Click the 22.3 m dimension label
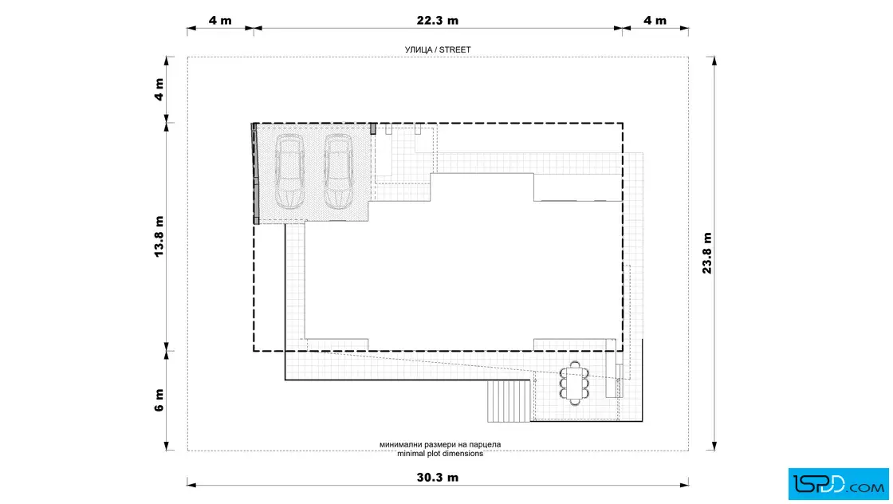pyautogui.click(x=438, y=21)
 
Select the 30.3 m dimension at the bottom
pyautogui.click(x=438, y=477)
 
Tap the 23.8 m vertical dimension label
pyautogui.click(x=706, y=254)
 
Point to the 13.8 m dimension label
pyautogui.click(x=159, y=236)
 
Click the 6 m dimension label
pyautogui.click(x=159, y=400)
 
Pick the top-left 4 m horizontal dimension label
pyautogui.click(x=220, y=21)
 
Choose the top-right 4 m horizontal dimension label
pyautogui.click(x=655, y=21)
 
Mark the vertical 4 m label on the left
pyautogui.click(x=159, y=89)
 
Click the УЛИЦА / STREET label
pyautogui.click(x=438, y=49)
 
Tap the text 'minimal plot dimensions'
pyautogui.click(x=440, y=453)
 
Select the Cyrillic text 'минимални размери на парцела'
pyautogui.click(x=440, y=444)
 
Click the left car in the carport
pyautogui.click(x=289, y=172)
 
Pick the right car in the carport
pyautogui.click(x=338, y=172)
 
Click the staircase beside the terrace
pyautogui.click(x=509, y=401)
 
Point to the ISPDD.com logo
pyautogui.click(x=838, y=484)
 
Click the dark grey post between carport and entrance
pyautogui.click(x=373, y=128)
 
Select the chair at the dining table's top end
pyautogui.click(x=575, y=364)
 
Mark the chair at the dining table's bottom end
pyautogui.click(x=575, y=401)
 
